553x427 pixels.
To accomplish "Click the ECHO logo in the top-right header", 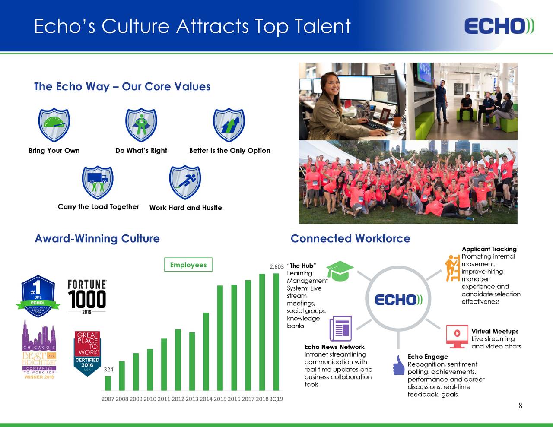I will click(x=499, y=26).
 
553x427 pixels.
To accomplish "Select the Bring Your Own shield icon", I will click(x=54, y=125).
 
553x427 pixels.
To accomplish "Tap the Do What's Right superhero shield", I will click(x=141, y=125).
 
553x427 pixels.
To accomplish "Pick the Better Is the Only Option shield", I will click(x=229, y=125).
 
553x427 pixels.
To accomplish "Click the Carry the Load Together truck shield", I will click(x=98, y=182).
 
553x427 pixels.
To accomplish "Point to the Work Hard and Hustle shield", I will click(x=185, y=182).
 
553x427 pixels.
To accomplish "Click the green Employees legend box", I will click(x=188, y=265).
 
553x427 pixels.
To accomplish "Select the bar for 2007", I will click(x=108, y=383).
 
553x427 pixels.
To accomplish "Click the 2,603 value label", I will click(x=276, y=267).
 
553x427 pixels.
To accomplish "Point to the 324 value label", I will click(x=109, y=370).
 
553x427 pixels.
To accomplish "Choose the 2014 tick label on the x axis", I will click(x=206, y=399).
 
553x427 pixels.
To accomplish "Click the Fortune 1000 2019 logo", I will click(x=87, y=297).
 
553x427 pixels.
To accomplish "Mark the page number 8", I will click(x=520, y=405).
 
